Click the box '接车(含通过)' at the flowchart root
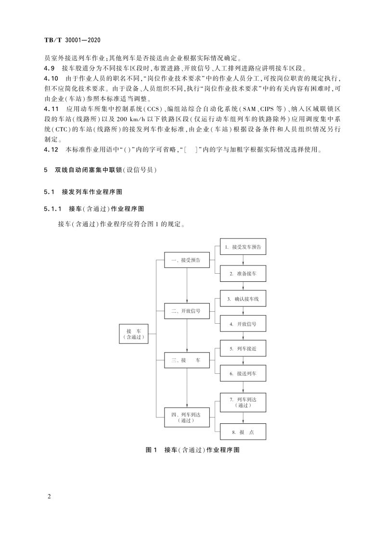134,334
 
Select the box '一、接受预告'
187,260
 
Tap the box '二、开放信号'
187,311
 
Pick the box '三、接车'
187,360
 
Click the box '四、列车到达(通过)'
187,417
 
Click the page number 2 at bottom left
50,496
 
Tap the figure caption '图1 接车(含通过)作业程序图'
192,450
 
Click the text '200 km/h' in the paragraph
133,118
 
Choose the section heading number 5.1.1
53,209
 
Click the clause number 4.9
49,68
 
